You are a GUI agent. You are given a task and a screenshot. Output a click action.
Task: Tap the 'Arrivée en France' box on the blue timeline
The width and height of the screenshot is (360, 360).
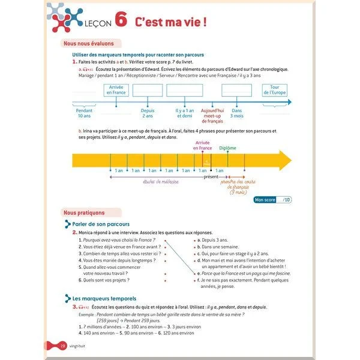(x=116, y=90)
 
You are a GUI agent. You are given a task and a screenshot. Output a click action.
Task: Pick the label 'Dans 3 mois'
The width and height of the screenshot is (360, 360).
(x=236, y=113)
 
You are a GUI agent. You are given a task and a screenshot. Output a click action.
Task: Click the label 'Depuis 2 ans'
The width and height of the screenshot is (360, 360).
(x=148, y=113)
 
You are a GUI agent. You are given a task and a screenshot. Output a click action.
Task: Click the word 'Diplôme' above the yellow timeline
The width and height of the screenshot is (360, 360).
(x=227, y=148)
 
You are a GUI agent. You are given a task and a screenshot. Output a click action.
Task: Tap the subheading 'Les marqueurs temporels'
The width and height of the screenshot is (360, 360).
(x=104, y=298)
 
